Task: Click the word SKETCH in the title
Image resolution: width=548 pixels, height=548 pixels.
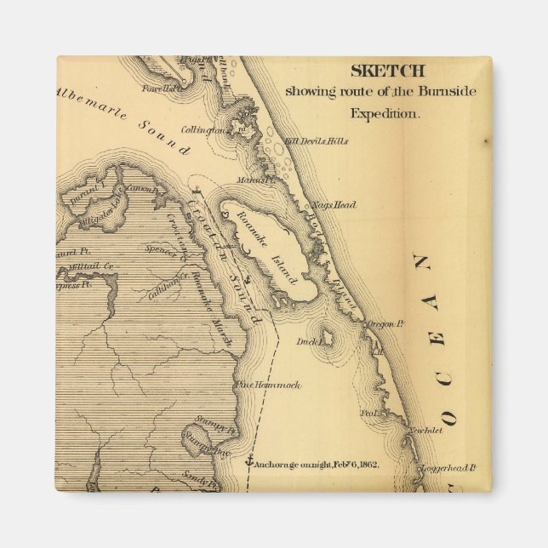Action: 387,71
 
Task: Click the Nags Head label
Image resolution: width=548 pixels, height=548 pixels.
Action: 334,205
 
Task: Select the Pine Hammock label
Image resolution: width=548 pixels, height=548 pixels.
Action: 268,385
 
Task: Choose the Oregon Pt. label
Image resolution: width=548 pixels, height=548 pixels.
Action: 383,324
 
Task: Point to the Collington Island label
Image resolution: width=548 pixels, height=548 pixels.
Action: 225,130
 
